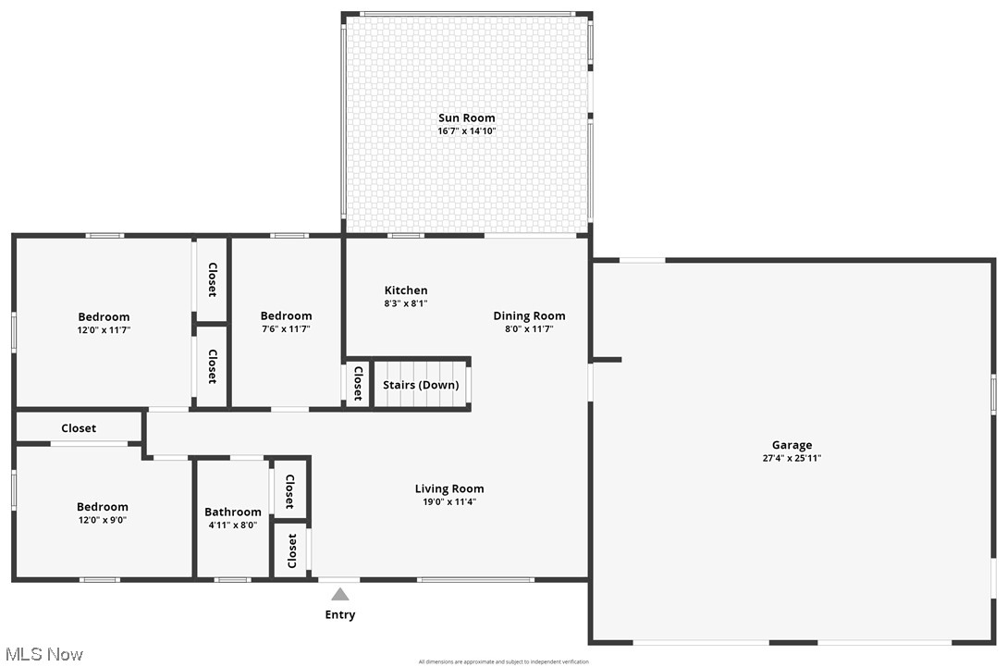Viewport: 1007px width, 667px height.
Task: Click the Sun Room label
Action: pos(466,117)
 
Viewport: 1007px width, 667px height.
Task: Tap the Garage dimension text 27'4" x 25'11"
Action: pos(792,458)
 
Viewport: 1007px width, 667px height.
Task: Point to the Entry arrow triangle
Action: pos(340,595)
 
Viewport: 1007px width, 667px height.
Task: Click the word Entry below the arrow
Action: pos(339,614)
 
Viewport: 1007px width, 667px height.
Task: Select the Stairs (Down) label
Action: pos(421,385)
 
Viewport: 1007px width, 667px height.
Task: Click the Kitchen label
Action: pos(406,290)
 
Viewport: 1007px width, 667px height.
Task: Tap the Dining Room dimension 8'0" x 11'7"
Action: pos(529,328)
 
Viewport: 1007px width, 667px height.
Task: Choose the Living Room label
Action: pos(448,488)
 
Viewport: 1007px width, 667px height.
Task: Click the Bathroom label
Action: pos(233,512)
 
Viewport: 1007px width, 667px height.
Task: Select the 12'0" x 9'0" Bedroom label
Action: pos(102,507)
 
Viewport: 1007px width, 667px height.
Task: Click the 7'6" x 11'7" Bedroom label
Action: pos(286,316)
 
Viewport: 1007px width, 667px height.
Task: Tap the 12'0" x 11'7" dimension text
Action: pos(104,329)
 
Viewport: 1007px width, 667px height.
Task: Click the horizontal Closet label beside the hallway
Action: pos(79,428)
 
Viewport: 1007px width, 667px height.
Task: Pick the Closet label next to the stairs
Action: pos(357,384)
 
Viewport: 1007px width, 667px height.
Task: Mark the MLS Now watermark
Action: pos(43,654)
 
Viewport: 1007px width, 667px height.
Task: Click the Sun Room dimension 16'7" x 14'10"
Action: pos(467,131)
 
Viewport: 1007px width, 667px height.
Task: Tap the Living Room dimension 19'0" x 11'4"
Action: pos(449,502)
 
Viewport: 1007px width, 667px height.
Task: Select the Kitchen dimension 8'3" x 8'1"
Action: pos(406,303)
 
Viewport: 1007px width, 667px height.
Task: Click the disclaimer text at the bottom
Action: pos(503,661)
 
